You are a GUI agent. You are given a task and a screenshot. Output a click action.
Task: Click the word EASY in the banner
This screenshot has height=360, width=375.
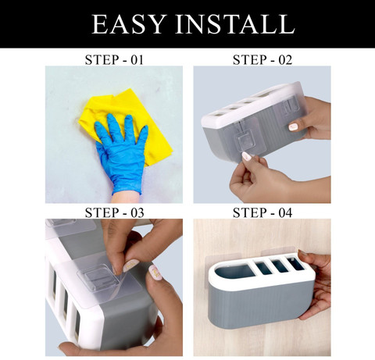click(x=129, y=24)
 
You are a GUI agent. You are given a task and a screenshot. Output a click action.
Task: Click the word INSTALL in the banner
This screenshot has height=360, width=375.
click(x=235, y=24)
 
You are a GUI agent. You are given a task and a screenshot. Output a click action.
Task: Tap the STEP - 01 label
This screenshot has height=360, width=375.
click(x=114, y=60)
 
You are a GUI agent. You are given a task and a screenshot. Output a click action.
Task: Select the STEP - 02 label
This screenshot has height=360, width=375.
click(x=262, y=60)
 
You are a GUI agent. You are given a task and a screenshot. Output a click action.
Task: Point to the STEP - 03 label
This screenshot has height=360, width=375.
click(x=114, y=212)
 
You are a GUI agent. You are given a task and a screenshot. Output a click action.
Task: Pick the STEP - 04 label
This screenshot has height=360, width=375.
click(x=262, y=212)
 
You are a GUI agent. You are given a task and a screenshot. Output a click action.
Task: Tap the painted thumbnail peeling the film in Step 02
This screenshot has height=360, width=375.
click(x=246, y=156)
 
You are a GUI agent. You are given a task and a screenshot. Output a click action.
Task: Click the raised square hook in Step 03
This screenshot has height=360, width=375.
click(x=98, y=276)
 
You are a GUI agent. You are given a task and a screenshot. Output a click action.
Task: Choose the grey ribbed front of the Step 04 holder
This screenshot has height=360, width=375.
click(x=260, y=305)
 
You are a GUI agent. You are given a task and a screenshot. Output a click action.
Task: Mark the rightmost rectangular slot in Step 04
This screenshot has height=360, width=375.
click(x=295, y=263)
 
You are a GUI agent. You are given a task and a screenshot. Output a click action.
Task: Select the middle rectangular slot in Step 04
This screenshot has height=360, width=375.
click(x=280, y=266)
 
